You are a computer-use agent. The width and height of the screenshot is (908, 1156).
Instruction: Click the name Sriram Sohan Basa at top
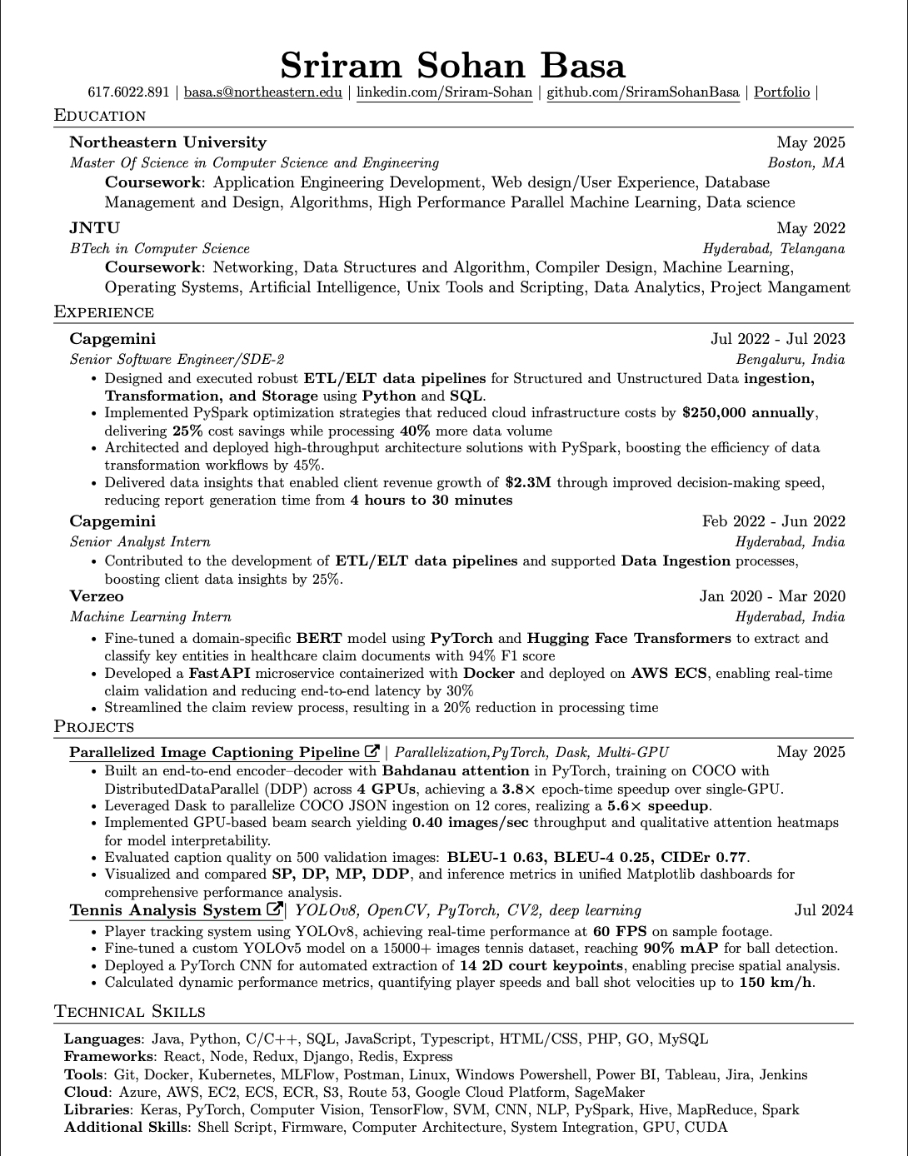click(x=452, y=65)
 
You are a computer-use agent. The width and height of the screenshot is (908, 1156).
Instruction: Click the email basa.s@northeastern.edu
click(x=263, y=92)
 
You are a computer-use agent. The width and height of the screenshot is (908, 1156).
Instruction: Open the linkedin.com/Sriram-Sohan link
click(x=444, y=92)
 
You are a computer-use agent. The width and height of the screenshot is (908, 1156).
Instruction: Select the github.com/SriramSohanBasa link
click(x=642, y=92)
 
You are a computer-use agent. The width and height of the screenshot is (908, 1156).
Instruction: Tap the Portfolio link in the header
click(x=781, y=92)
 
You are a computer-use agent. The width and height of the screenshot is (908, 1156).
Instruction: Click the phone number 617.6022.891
click(x=128, y=92)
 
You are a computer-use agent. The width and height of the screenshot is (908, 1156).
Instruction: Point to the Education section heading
click(x=100, y=116)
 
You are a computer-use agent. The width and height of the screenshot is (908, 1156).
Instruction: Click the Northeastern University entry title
click(x=168, y=142)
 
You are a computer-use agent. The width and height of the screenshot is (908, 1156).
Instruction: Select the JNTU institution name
click(x=95, y=228)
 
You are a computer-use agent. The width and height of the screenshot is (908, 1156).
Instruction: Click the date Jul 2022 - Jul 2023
click(x=777, y=339)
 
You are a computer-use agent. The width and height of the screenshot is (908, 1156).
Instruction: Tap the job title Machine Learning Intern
click(x=151, y=617)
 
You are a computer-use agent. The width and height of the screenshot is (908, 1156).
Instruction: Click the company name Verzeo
click(x=97, y=596)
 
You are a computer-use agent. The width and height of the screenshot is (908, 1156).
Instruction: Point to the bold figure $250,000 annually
click(x=748, y=413)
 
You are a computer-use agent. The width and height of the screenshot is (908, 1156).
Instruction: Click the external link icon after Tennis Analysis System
click(x=274, y=909)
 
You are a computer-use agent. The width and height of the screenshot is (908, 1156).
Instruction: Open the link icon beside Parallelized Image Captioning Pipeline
click(x=372, y=751)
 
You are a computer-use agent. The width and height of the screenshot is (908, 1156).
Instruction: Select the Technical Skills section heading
click(x=130, y=1012)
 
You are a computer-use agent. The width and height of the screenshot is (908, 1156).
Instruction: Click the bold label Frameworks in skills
click(x=103, y=1057)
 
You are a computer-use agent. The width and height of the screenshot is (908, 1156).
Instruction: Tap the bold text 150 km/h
click(x=776, y=983)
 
